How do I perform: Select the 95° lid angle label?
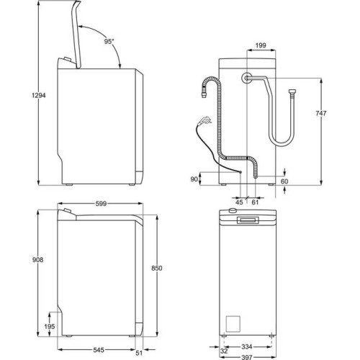[109, 42]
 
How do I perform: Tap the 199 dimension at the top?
[261, 45]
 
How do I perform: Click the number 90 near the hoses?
[194, 179]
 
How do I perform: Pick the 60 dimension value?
[284, 181]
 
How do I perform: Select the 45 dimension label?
[239, 202]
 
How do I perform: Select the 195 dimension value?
[49, 327]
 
